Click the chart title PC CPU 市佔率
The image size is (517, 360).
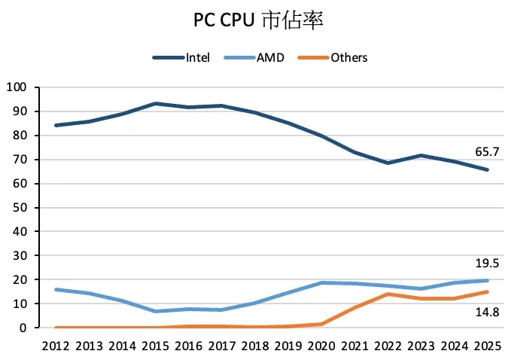(x=258, y=20)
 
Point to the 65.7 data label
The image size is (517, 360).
(x=488, y=152)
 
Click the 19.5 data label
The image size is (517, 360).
(x=488, y=263)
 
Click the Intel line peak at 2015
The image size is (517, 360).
(x=156, y=104)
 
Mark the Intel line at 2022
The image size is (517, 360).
(x=387, y=163)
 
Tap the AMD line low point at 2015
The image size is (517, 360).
(x=156, y=311)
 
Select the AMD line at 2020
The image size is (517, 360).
(x=321, y=283)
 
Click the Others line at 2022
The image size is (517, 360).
(x=387, y=294)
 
